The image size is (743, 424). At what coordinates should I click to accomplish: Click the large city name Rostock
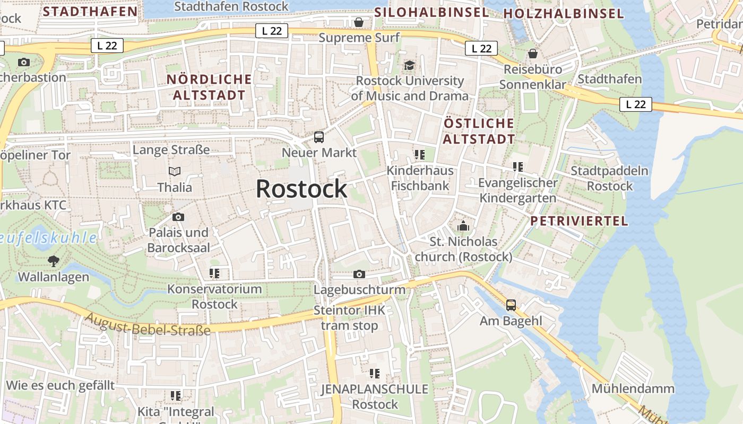(301, 189)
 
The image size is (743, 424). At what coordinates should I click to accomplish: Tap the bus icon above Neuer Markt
(319, 137)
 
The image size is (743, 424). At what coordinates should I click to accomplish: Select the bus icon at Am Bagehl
(511, 305)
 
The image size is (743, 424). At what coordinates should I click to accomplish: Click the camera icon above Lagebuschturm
(359, 274)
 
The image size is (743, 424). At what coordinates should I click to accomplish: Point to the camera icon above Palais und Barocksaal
(178, 217)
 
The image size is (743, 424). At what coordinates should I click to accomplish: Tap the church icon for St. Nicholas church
(463, 226)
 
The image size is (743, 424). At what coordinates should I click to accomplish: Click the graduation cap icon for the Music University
(409, 65)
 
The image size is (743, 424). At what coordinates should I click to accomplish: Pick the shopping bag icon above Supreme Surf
(359, 22)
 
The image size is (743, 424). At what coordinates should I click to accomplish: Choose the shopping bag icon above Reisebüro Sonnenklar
(533, 54)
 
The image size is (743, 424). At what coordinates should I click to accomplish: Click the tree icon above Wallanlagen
(53, 261)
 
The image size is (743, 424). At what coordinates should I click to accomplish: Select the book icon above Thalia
(175, 171)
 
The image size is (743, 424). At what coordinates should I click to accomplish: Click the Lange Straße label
(171, 150)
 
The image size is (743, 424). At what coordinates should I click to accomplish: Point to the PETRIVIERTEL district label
(579, 221)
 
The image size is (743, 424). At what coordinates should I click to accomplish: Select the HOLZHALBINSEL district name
(563, 13)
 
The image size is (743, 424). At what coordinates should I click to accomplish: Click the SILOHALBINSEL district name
(431, 12)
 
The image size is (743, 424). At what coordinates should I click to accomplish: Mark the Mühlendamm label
(633, 388)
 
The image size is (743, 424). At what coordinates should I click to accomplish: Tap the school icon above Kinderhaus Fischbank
(420, 155)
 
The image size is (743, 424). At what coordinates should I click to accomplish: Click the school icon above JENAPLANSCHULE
(375, 374)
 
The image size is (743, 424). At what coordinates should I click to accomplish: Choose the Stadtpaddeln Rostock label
(610, 179)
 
